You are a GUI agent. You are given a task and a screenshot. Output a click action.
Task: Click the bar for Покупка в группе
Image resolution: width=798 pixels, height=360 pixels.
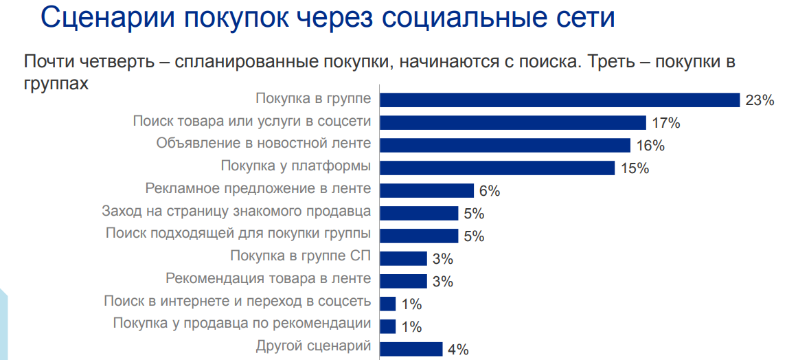tap(560, 100)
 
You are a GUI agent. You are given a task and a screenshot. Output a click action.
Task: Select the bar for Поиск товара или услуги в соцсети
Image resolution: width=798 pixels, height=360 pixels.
tap(513, 122)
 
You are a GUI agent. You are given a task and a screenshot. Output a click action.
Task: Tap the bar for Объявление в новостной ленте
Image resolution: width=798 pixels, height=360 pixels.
tap(505, 145)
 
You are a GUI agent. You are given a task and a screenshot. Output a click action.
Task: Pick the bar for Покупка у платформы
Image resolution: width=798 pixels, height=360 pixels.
tap(497, 168)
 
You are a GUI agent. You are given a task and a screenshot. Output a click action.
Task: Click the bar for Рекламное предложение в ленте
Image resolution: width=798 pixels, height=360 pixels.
tap(426, 190)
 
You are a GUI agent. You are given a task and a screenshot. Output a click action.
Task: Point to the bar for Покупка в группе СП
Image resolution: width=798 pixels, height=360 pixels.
tap(403, 258)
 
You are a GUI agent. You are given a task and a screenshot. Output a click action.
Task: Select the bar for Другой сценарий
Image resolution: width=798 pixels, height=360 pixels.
tap(411, 348)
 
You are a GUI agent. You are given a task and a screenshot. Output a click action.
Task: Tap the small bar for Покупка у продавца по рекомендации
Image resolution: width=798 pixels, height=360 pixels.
tap(388, 326)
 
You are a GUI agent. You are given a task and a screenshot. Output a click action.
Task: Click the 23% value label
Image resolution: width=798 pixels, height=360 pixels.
tap(760, 100)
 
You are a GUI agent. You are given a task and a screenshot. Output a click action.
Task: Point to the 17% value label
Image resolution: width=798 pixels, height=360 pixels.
tap(665, 124)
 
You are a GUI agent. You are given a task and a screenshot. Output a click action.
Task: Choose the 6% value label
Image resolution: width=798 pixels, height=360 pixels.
tap(490, 191)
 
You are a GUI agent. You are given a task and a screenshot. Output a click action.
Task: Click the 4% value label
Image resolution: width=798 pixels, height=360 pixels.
tap(457, 350)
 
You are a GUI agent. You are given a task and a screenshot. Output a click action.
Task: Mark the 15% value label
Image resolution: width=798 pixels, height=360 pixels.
tap(634, 168)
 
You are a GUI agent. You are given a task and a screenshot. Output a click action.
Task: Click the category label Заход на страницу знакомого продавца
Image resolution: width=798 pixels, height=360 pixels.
tap(236, 211)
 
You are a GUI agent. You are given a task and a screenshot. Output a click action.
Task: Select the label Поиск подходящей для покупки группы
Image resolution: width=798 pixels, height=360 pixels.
tap(238, 233)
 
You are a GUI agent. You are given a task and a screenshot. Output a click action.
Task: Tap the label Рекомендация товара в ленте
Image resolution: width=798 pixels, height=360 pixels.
tap(269, 278)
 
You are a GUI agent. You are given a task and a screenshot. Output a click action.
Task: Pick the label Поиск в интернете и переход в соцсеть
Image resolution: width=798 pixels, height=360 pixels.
tap(238, 301)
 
